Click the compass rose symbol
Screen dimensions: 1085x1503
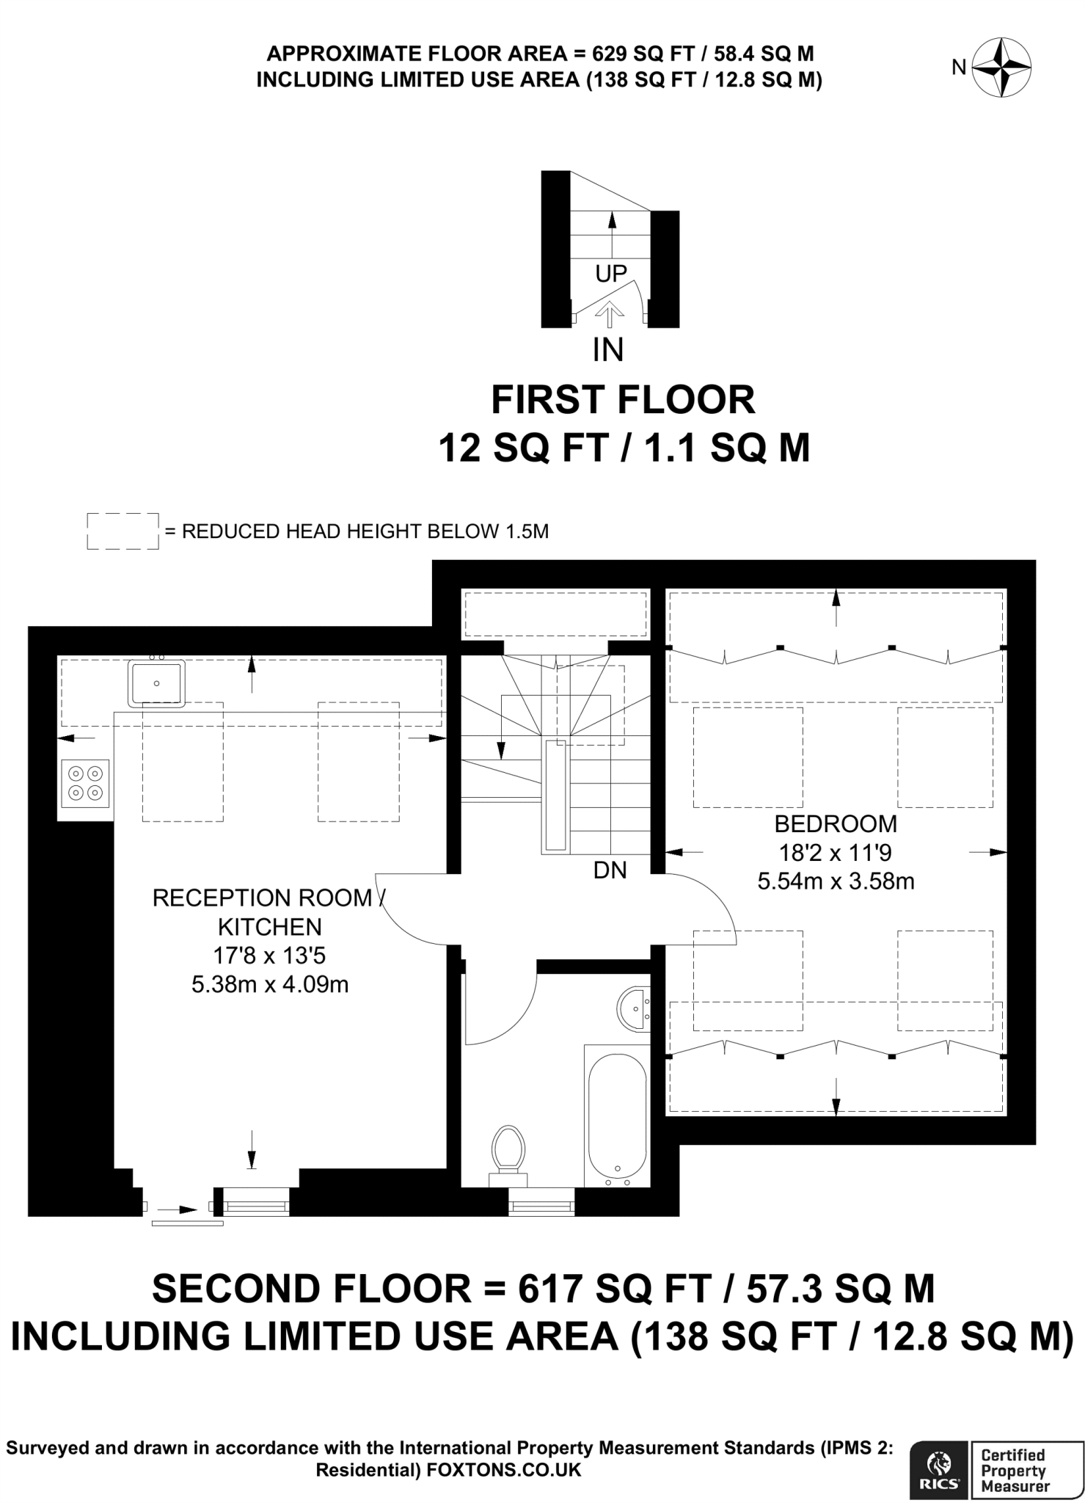tap(1002, 68)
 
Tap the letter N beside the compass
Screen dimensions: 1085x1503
tap(959, 68)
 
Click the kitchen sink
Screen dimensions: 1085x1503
tap(156, 683)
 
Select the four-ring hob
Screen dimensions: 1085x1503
tap(85, 783)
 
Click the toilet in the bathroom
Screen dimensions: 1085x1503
tap(508, 1156)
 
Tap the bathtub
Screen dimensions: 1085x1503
tap(617, 1116)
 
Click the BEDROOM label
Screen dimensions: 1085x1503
tap(836, 824)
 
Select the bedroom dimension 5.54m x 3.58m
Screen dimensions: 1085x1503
tap(836, 881)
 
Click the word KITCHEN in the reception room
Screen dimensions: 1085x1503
tap(270, 927)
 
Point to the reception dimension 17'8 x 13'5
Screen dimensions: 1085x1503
tap(270, 956)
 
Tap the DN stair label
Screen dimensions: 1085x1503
tap(610, 870)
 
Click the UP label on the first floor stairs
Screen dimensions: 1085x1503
tap(611, 274)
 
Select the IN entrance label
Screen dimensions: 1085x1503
tap(608, 350)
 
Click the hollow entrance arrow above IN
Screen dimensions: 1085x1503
tap(609, 316)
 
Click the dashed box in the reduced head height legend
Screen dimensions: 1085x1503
tap(123, 531)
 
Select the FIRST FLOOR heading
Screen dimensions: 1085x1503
tap(623, 401)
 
